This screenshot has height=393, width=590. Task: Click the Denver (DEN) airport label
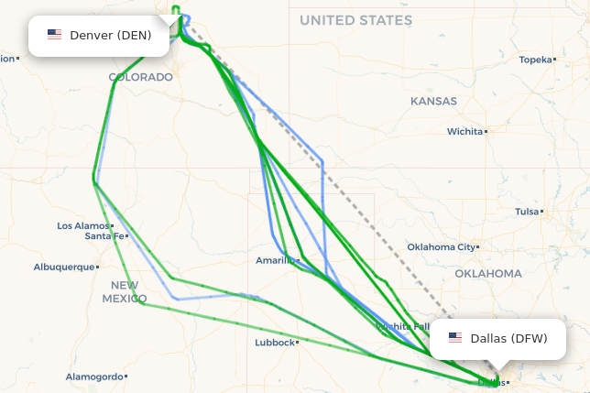click(x=110, y=35)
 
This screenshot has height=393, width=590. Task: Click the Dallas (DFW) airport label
click(x=508, y=338)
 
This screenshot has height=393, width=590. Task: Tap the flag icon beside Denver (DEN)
click(x=55, y=35)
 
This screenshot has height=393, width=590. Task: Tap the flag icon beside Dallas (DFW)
click(x=455, y=338)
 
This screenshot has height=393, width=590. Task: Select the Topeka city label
click(x=536, y=60)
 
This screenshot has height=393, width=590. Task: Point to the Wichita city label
click(x=464, y=131)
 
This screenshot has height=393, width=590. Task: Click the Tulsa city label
click(x=527, y=211)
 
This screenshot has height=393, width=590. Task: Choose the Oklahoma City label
click(x=442, y=246)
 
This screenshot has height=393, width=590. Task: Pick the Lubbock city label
click(x=275, y=343)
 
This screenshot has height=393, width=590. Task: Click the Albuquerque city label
click(x=64, y=267)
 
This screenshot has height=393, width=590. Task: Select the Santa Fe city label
click(x=104, y=235)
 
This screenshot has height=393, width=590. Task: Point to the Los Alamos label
click(x=82, y=225)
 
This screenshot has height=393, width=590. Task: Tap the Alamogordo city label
click(x=93, y=377)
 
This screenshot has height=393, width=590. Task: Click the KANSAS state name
click(x=433, y=101)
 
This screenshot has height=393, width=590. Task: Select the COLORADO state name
click(x=140, y=77)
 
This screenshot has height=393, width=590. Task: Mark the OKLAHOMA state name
click(x=488, y=273)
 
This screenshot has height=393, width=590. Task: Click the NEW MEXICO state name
click(x=124, y=291)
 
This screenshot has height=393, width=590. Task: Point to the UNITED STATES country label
click(x=355, y=19)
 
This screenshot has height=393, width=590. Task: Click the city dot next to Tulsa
click(x=542, y=211)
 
